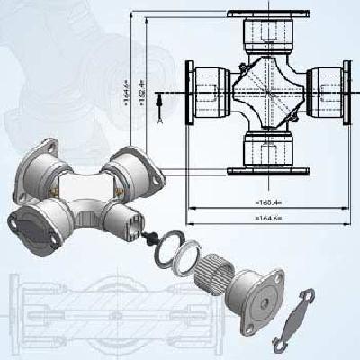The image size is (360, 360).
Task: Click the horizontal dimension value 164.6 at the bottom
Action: (268, 219)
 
